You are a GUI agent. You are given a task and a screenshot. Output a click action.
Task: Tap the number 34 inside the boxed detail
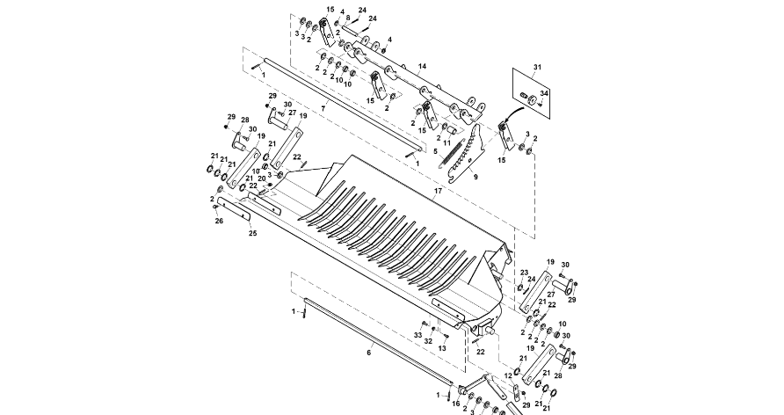(x=544, y=93)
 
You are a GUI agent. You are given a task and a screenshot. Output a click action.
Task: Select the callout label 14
(x=422, y=67)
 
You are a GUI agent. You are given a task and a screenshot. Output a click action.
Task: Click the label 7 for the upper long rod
(x=323, y=107)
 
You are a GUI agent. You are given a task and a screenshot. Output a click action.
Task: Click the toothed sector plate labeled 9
(x=467, y=154)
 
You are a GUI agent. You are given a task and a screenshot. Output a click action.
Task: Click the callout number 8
(x=347, y=18)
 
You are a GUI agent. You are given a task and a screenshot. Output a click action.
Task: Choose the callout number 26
(x=219, y=222)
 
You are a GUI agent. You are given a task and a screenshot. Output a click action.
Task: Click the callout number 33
(x=418, y=335)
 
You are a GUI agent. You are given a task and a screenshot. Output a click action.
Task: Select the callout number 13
(x=442, y=349)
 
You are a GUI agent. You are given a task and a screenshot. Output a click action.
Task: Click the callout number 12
(x=507, y=375)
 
